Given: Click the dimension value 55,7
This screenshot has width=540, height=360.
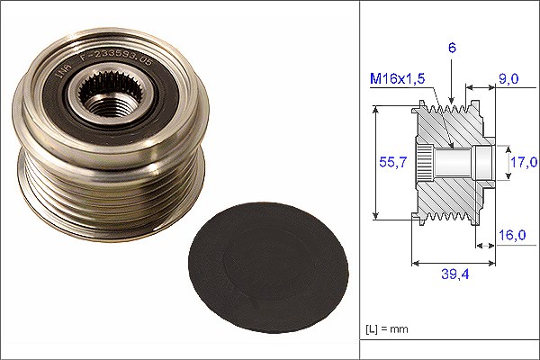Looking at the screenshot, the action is (x=393, y=162).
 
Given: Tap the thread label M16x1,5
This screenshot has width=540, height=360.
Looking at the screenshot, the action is (x=398, y=79).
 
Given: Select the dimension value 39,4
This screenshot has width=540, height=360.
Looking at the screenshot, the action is (x=455, y=274).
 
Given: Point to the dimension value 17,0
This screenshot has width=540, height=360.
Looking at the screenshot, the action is (x=524, y=162).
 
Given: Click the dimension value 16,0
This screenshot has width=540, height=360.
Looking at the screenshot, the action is (x=512, y=235).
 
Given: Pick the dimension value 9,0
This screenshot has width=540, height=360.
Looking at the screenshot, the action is (x=508, y=79).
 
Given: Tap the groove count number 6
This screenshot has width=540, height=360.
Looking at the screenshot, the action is (x=452, y=48).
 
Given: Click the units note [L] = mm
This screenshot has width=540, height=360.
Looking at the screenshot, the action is (x=387, y=329).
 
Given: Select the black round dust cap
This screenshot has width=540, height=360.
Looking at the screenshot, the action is (x=268, y=267).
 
